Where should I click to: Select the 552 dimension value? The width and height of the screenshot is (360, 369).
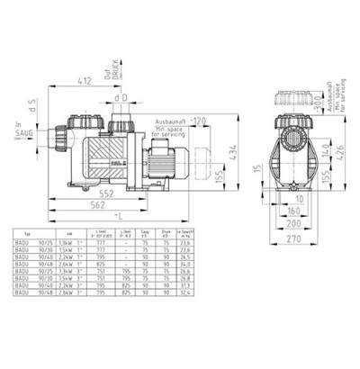point(108,194)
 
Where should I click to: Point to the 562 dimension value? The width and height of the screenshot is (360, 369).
point(108,206)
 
